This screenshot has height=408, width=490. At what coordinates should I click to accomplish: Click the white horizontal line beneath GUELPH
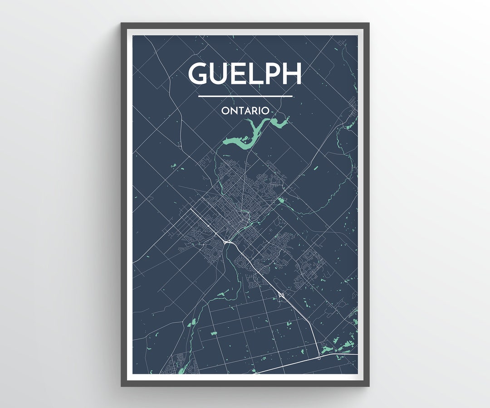point(245,96)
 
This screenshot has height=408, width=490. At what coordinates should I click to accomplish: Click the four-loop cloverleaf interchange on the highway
point(281,295)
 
